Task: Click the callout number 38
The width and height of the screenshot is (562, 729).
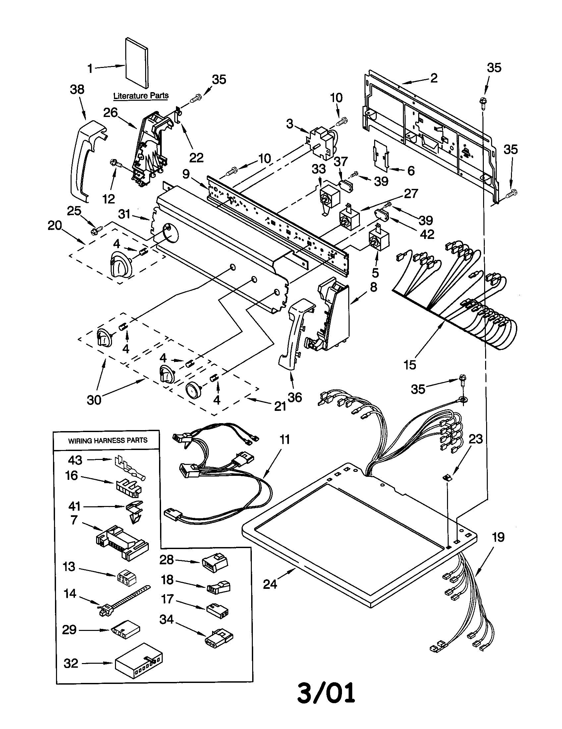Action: coord(77,89)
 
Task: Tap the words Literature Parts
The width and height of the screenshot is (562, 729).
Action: coord(141,96)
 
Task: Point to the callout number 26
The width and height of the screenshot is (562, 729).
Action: coord(110,112)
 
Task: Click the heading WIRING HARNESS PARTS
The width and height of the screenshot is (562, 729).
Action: coord(108,441)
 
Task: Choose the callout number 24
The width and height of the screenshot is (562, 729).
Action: coord(270,584)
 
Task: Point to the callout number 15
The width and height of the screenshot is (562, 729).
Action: coord(410,365)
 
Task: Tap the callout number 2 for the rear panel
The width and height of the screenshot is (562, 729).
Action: coord(433,78)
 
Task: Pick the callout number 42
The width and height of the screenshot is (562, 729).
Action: coord(427,234)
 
